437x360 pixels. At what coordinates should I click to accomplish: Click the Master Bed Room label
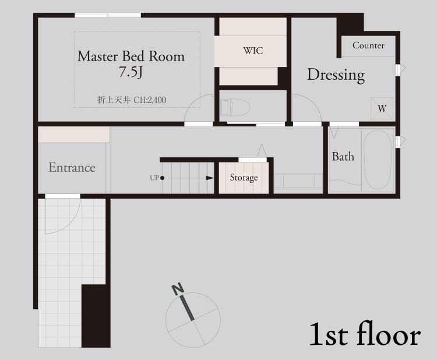coord(131,57)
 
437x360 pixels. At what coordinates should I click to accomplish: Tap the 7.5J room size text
coord(131,72)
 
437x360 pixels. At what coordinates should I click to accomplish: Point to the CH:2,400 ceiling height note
coord(150,100)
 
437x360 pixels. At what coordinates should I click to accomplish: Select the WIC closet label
coord(253,51)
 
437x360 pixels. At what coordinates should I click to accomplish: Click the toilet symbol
coord(235,107)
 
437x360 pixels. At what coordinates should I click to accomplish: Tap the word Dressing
coord(336,75)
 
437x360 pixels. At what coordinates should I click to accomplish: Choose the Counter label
coord(368,45)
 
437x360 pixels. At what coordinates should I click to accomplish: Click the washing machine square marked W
coord(382,108)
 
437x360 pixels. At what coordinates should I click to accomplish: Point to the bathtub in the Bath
coord(378,160)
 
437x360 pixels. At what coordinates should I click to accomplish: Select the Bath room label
coord(343,157)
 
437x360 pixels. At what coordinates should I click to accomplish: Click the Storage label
coord(244,178)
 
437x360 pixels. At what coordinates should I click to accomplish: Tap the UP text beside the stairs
coord(154,178)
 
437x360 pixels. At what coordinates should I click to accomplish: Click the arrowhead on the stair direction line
coord(210,178)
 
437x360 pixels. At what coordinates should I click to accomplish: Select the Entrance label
coord(72,167)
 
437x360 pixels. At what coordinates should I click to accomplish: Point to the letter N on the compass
coord(178,289)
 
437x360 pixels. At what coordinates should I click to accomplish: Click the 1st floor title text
coord(365,334)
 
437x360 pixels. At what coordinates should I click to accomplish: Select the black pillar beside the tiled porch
coord(96,316)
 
